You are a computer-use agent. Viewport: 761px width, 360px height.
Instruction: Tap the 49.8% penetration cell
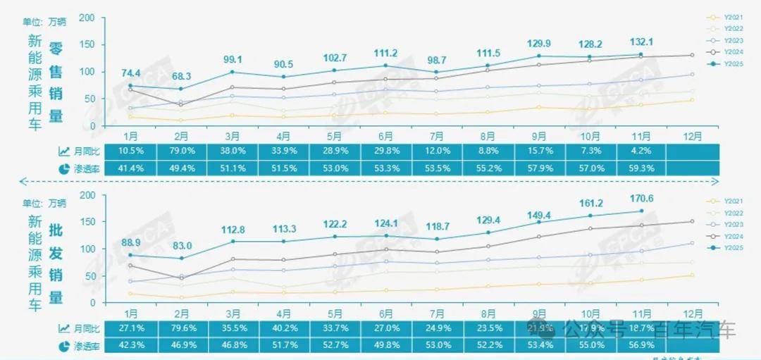click(387, 345)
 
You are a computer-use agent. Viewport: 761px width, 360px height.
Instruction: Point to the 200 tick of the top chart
click(87, 18)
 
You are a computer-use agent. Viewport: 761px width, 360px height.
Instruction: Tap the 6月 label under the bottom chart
click(386, 313)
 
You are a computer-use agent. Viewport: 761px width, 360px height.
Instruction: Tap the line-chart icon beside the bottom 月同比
click(64, 328)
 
